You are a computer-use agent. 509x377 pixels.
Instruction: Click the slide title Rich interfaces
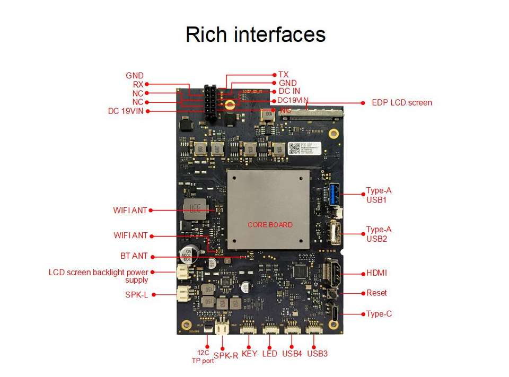coord(255,34)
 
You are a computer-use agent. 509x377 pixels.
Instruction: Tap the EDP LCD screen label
coord(401,102)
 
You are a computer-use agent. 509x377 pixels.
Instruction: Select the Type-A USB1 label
coord(379,195)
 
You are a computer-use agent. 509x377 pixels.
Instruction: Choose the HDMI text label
coord(376,273)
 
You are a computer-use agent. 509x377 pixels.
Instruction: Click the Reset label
coord(376,293)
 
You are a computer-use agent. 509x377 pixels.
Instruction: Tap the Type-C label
coord(379,314)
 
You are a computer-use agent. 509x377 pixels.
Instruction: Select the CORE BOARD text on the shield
coord(270,225)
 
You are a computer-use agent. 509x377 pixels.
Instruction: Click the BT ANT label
coord(134,256)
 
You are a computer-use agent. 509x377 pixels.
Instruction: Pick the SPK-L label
coord(136,295)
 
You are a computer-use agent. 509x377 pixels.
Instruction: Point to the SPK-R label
coord(226,356)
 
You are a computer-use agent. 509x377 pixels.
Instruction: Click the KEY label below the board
coord(249,354)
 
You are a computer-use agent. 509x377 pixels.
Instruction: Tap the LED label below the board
coord(269,354)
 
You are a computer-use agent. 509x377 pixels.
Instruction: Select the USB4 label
coord(292,354)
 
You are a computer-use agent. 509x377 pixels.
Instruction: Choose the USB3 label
coord(317,354)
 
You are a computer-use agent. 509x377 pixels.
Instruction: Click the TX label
coord(283,75)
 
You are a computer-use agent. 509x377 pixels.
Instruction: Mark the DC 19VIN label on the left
coord(125,111)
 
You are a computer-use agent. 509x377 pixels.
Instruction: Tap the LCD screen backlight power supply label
coord(98,276)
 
